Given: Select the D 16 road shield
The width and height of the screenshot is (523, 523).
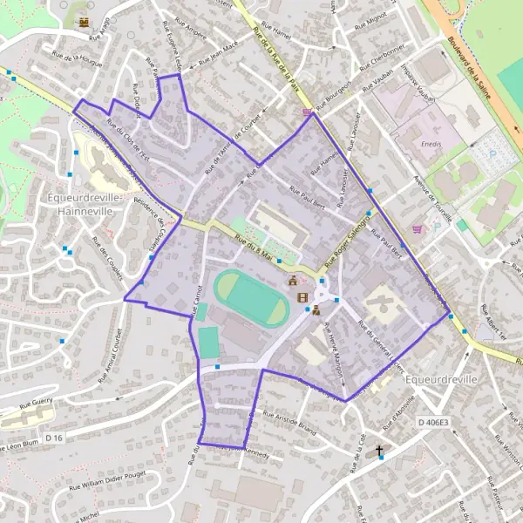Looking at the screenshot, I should [54, 437].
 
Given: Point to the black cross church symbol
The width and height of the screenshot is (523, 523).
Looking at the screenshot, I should [379, 451].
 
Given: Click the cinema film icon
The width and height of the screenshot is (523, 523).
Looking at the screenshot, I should [302, 297].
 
